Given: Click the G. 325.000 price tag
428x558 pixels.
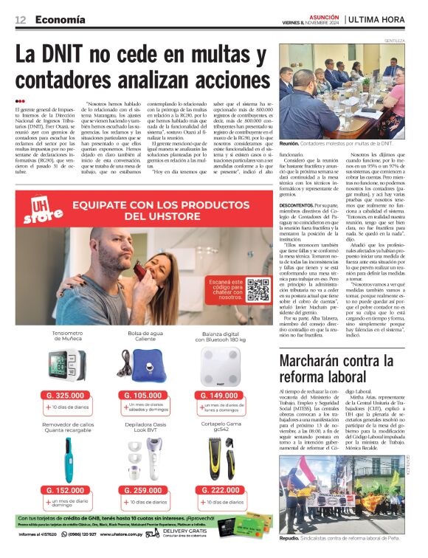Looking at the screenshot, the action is (x=66, y=396).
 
